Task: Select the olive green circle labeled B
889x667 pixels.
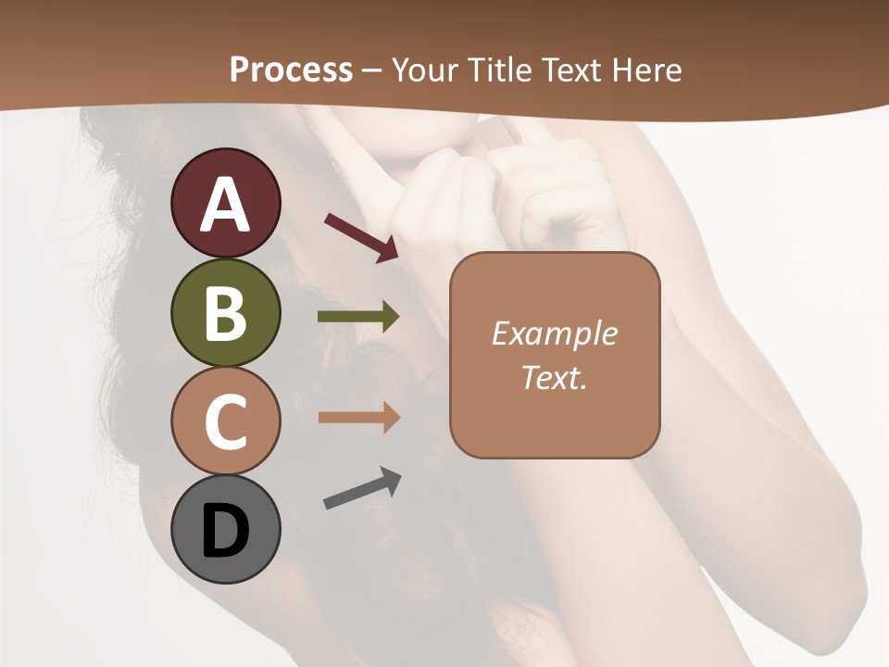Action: (225, 312)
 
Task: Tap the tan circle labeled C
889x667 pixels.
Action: (225, 421)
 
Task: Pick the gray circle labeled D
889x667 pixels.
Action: (225, 530)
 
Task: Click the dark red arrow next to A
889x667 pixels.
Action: (361, 236)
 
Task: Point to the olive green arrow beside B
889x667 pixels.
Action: (358, 317)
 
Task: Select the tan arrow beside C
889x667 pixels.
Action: (358, 418)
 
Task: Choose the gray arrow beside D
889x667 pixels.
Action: (362, 488)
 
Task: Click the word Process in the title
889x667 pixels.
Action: (291, 69)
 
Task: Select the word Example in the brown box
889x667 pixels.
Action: (554, 333)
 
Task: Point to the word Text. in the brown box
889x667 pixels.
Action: (554, 377)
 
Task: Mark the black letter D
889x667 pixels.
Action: (225, 531)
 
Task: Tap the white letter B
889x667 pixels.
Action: (225, 313)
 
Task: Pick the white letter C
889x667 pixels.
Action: (225, 422)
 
